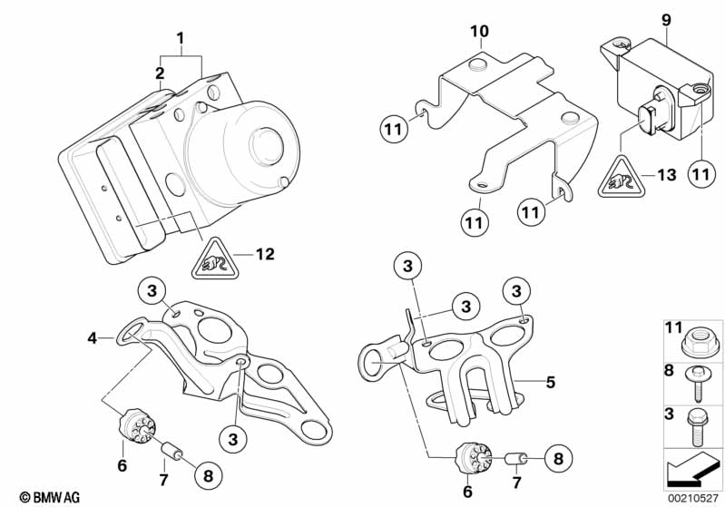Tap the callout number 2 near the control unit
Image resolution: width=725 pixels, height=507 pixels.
160,73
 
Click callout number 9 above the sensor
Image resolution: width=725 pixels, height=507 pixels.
666,17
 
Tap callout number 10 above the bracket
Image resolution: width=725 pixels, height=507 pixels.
479,33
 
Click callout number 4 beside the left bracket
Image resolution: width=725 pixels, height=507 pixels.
92,338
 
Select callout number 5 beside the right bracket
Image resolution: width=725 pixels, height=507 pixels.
549,383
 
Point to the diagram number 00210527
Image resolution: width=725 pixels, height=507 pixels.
693,496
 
